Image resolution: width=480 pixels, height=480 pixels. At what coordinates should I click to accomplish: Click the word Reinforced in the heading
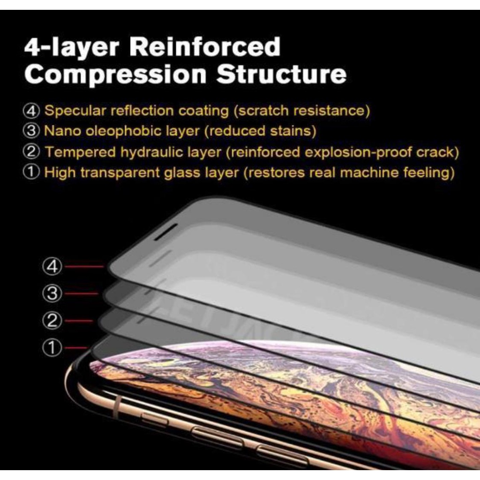point(204,48)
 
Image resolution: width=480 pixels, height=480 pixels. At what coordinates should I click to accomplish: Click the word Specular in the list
point(75,111)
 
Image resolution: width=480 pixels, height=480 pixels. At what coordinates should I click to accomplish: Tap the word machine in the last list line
point(369,172)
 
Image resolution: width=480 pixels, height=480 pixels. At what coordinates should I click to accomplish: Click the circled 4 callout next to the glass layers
point(53,267)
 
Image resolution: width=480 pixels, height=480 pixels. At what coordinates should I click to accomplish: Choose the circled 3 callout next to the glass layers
point(53,294)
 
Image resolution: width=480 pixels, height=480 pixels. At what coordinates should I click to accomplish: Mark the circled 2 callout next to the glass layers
point(53,321)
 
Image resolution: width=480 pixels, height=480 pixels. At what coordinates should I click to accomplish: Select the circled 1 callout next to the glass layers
point(53,348)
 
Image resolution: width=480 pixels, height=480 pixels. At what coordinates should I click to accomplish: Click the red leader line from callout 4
point(84,267)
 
